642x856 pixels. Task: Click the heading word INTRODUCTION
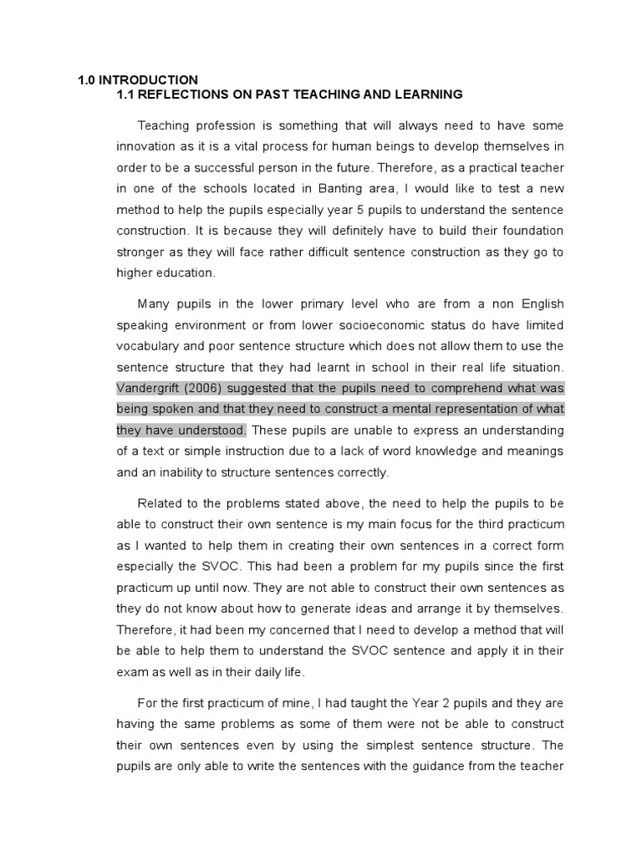point(148,80)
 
